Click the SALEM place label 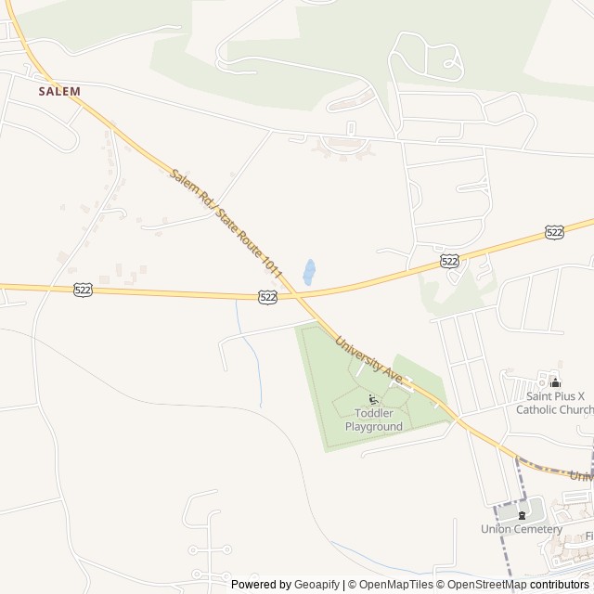[59, 91]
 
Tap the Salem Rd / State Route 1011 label [226, 223]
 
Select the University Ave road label [369, 361]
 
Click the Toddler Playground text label [374, 420]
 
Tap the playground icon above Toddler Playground [373, 400]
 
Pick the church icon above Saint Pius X [555, 381]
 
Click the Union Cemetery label [521, 529]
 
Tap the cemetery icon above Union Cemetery [521, 514]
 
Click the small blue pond [309, 272]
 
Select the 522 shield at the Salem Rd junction [267, 296]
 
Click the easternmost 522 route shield [554, 232]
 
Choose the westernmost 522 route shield [83, 290]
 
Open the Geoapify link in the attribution [316, 585]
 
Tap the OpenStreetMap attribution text [487, 585]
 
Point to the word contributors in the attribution [560, 585]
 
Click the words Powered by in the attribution [261, 585]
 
